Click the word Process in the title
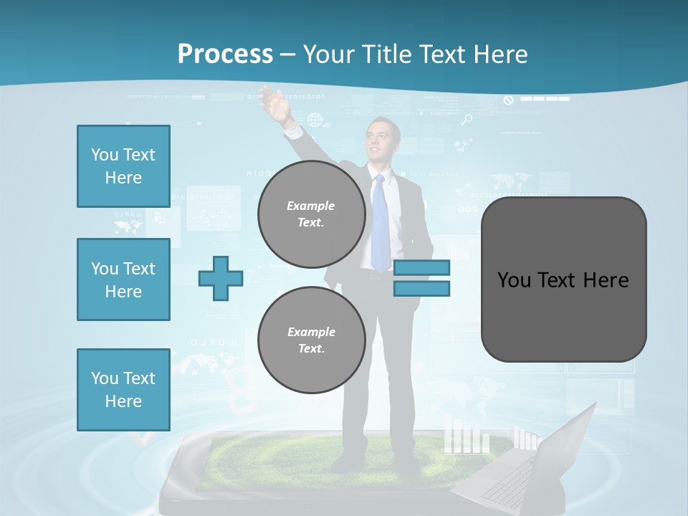point(225,54)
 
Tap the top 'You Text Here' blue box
point(123,166)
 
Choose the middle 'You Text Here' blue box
point(123,279)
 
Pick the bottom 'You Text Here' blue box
point(123,389)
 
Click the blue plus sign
point(220,278)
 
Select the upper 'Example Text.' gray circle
point(311,214)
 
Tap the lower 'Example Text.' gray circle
point(311,340)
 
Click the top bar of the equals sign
point(421,267)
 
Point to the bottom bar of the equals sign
point(421,288)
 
